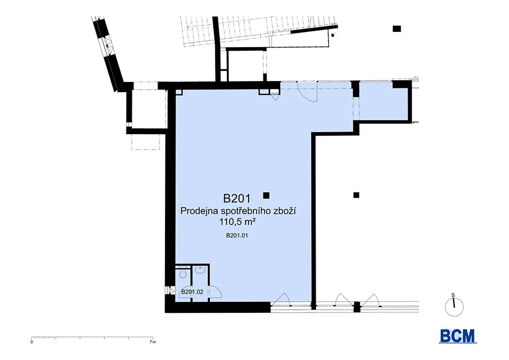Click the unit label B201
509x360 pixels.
[x=237, y=198]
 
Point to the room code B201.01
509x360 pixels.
[x=237, y=236]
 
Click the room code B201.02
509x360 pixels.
[x=192, y=292]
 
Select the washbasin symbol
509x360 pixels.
[x=200, y=270]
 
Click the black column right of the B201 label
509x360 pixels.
[x=266, y=195]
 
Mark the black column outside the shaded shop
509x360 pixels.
[x=356, y=195]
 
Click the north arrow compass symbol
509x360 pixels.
[x=454, y=307]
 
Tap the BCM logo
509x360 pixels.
[x=458, y=335]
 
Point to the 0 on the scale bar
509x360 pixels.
[x=31, y=342]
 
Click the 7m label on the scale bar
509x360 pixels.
[x=153, y=342]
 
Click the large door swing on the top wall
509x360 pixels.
[x=308, y=92]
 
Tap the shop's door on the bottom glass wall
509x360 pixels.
[x=280, y=300]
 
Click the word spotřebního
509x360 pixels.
[x=245, y=211]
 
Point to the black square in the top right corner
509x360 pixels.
[x=397, y=28]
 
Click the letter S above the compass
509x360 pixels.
[x=453, y=295]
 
